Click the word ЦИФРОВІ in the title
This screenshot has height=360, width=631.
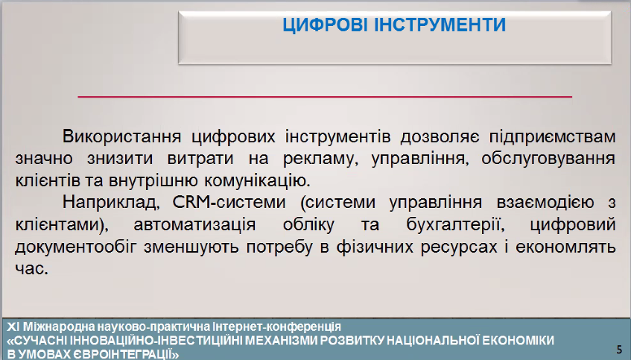(x=325, y=25)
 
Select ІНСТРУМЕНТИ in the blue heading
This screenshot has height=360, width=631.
(x=440, y=25)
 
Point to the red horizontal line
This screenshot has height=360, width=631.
(x=325, y=97)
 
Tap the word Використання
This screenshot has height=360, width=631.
(x=121, y=137)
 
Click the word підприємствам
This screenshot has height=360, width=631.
(x=553, y=138)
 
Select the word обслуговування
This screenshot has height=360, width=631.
(x=548, y=159)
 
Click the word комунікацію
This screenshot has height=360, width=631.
(x=257, y=181)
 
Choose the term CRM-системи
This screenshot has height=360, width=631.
(x=229, y=202)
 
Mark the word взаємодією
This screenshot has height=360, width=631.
(x=545, y=202)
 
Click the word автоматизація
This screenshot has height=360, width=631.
(x=194, y=224)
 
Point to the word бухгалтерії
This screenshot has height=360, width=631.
(x=456, y=224)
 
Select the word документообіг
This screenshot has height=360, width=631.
(x=76, y=247)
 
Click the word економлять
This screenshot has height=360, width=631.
(x=565, y=247)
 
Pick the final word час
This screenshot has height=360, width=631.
(x=32, y=268)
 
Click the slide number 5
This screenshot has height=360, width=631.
(x=619, y=349)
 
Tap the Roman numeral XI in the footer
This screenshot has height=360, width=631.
(x=13, y=326)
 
